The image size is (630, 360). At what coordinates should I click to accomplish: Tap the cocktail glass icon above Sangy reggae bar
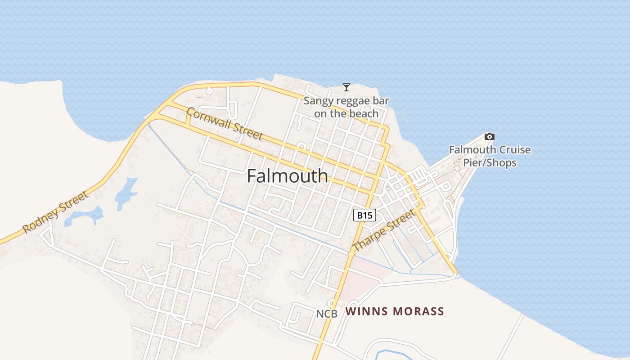click(346, 87)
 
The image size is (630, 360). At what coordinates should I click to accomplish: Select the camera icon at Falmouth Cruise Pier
click(489, 136)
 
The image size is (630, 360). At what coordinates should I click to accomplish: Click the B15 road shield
click(364, 216)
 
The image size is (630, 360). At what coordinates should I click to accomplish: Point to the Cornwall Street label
click(224, 124)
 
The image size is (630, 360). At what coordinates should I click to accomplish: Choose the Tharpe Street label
click(384, 231)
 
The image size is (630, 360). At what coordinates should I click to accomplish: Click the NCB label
click(326, 314)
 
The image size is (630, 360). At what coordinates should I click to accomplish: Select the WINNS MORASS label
click(395, 311)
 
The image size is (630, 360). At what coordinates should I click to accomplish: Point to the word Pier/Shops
click(490, 162)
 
